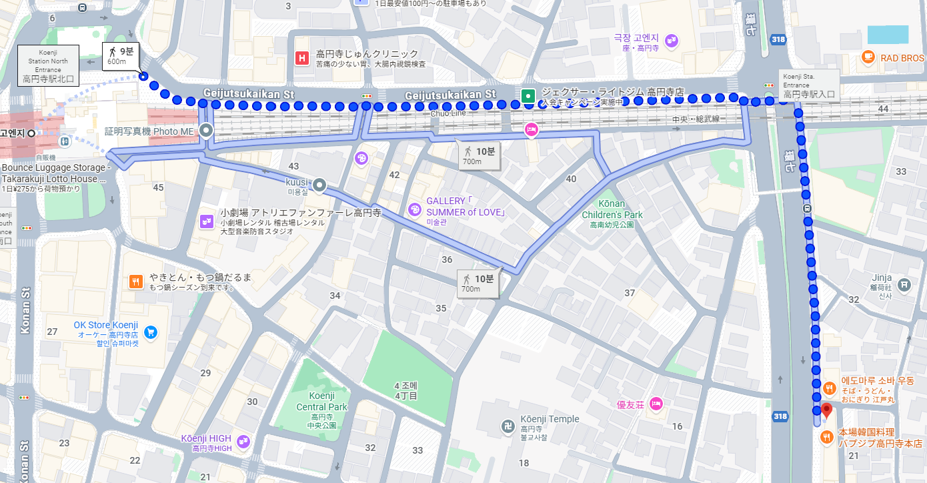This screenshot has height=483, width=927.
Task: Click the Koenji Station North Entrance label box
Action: coord(49,65)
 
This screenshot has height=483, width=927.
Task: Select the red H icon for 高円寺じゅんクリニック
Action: coord(302,59)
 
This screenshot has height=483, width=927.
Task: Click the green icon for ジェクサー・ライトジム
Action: coord(528,96)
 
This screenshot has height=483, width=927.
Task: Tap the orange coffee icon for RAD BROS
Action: coord(868,57)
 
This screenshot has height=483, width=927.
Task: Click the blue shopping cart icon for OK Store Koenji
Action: coord(150,332)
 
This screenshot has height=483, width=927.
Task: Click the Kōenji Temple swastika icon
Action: coord(508,425)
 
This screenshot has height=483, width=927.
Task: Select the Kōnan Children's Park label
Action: coord(612,209)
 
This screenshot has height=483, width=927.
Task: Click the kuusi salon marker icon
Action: coord(320,185)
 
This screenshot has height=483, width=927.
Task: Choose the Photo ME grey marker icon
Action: coord(206,131)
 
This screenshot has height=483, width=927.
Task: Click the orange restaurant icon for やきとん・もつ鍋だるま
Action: coord(136,282)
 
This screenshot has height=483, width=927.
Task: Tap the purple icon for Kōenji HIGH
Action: coord(243,441)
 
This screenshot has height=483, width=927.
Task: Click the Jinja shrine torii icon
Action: coord(904,284)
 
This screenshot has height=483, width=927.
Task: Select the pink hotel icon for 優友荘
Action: coord(656,404)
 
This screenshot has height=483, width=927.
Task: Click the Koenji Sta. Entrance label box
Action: coord(810,85)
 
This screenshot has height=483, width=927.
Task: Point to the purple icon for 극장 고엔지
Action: coord(671,42)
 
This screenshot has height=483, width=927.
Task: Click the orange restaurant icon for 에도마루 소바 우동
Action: coord(830,388)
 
